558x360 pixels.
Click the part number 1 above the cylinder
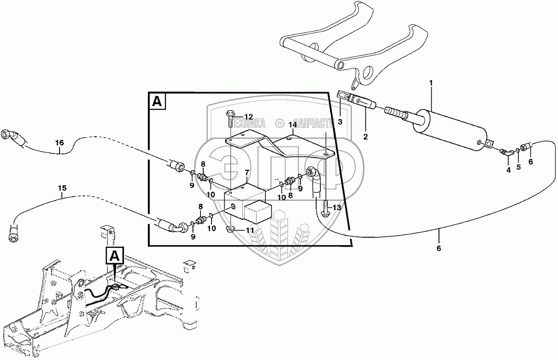coord(431,83)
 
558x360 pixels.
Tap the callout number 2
coord(365,137)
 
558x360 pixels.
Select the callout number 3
coord(340,122)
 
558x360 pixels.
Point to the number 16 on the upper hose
coord(60,143)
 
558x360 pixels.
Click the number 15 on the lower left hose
coord(62,188)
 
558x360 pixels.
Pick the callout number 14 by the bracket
coord(292,125)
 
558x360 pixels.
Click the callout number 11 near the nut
coord(249,230)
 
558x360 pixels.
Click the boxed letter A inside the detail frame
coord(157,102)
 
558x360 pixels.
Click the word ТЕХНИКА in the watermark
coord(248,123)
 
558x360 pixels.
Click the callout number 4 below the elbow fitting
coord(508,170)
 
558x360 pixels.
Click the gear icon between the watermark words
coord(279,123)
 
